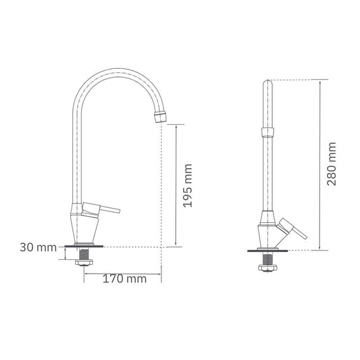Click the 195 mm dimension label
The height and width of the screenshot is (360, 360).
point(188,186)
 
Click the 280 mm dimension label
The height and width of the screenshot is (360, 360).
point(332,164)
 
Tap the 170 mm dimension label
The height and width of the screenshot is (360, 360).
point(124,279)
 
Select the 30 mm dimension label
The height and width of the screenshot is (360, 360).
point(38,247)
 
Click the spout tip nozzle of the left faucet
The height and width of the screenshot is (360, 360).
point(161,117)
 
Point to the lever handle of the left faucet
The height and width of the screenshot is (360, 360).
point(101,208)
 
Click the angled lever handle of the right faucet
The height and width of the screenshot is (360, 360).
point(292,228)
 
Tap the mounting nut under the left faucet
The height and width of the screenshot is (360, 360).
point(84,263)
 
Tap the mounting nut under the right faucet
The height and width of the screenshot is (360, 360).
point(267,267)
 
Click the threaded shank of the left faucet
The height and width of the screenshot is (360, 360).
point(84,253)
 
